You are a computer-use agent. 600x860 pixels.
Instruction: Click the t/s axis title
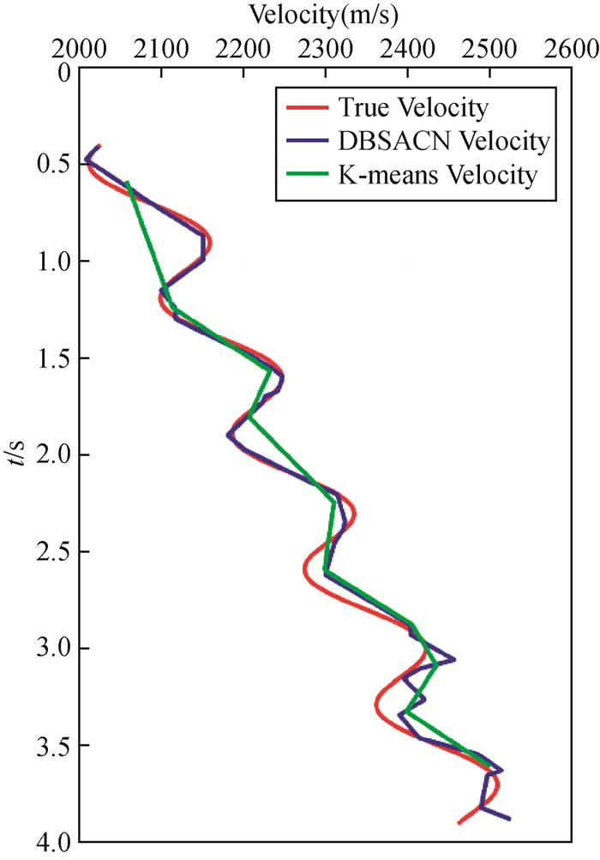(x=20, y=454)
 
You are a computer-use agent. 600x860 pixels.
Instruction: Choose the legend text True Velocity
(x=414, y=108)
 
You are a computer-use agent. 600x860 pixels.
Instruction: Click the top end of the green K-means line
(x=127, y=182)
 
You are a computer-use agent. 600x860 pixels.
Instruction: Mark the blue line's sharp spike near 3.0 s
(x=453, y=659)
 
